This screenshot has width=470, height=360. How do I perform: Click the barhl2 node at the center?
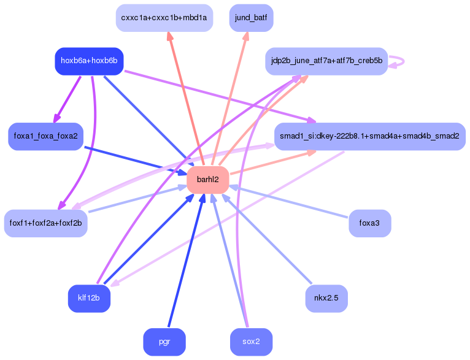(207, 180)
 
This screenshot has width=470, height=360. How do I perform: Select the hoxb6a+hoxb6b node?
(89, 61)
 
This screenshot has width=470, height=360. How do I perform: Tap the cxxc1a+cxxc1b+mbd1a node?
(164, 18)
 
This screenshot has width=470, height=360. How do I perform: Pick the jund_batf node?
(251, 18)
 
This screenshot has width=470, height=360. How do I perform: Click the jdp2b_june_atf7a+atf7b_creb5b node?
(326, 61)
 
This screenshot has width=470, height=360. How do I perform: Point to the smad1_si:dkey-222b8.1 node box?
(369, 136)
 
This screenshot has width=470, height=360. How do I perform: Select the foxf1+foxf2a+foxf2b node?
(45, 223)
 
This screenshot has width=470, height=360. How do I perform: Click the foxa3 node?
(369, 223)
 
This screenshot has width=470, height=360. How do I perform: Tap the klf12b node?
(89, 298)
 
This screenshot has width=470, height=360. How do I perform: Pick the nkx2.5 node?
(326, 298)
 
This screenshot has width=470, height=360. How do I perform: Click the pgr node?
(164, 342)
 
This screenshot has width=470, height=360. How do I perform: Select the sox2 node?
(251, 342)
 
